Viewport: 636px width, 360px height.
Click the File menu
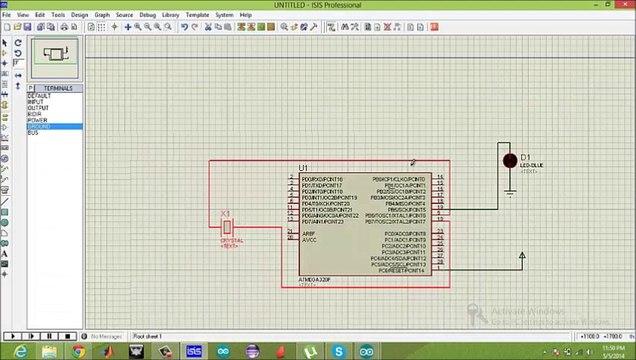6,15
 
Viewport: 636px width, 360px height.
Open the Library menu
171,15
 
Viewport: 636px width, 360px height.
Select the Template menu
197,15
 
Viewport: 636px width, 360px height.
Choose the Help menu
245,15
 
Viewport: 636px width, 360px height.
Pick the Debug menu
148,15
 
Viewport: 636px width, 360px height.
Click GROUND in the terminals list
40,127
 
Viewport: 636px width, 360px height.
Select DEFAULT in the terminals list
39,96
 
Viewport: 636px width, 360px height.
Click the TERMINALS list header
57,89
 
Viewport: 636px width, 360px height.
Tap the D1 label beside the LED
525,157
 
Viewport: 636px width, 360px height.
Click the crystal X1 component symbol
228,227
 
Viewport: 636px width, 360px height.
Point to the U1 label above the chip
303,168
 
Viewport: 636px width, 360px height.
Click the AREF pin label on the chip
308,233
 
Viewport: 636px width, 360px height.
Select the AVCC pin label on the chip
309,240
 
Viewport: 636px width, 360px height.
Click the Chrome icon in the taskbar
78,351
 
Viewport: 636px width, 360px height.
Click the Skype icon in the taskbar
339,351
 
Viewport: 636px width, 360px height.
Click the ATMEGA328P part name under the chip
314,280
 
